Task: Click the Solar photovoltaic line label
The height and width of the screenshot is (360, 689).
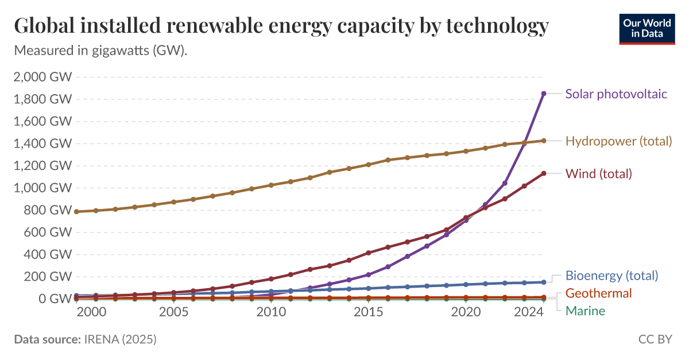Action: [616, 94]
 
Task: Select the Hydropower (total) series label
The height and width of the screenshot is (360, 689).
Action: [618, 141]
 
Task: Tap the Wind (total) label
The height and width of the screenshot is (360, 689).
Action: [598, 173]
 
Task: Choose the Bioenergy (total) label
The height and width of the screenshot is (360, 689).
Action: [611, 276]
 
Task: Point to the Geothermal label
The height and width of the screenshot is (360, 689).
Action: [598, 293]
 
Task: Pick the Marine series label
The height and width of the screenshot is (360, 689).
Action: [585, 311]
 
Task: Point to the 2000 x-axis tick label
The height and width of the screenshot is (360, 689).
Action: [91, 312]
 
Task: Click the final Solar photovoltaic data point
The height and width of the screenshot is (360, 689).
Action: [544, 93]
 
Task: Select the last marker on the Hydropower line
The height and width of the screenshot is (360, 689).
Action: [544, 140]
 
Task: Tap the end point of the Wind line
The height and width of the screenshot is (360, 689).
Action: [544, 173]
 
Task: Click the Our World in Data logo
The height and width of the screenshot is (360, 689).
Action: [647, 28]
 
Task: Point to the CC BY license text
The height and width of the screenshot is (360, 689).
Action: [655, 339]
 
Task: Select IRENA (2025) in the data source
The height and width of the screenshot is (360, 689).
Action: [119, 339]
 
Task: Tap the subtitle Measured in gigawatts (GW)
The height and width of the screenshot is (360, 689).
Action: [101, 51]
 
